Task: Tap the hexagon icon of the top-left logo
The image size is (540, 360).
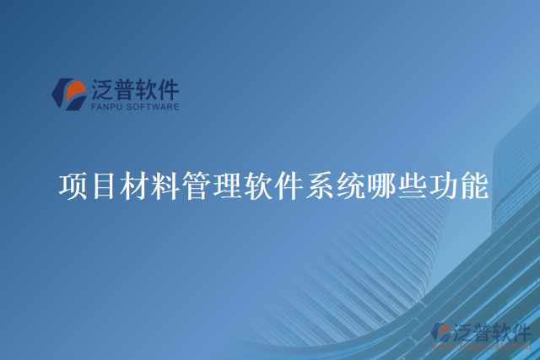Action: pyautogui.click(x=68, y=94)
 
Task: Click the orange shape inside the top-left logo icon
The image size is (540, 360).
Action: pyautogui.click(x=74, y=89)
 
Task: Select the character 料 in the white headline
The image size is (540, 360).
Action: pyautogui.click(x=166, y=185)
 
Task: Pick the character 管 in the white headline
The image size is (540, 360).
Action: pyautogui.click(x=197, y=185)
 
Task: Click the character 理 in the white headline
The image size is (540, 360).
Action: pyautogui.click(x=228, y=185)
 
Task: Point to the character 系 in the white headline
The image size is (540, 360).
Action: pyautogui.click(x=320, y=185)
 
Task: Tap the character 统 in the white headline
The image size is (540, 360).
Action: pyautogui.click(x=351, y=185)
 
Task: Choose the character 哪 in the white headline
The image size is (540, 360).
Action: pyautogui.click(x=381, y=185)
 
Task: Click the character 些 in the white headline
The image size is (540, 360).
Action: pyautogui.click(x=412, y=185)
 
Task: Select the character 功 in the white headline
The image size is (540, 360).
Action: pyautogui.click(x=443, y=185)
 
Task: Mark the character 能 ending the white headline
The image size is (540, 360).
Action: pyautogui.click(x=473, y=185)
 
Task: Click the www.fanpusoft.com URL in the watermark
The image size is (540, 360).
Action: pyautogui.click(x=481, y=345)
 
